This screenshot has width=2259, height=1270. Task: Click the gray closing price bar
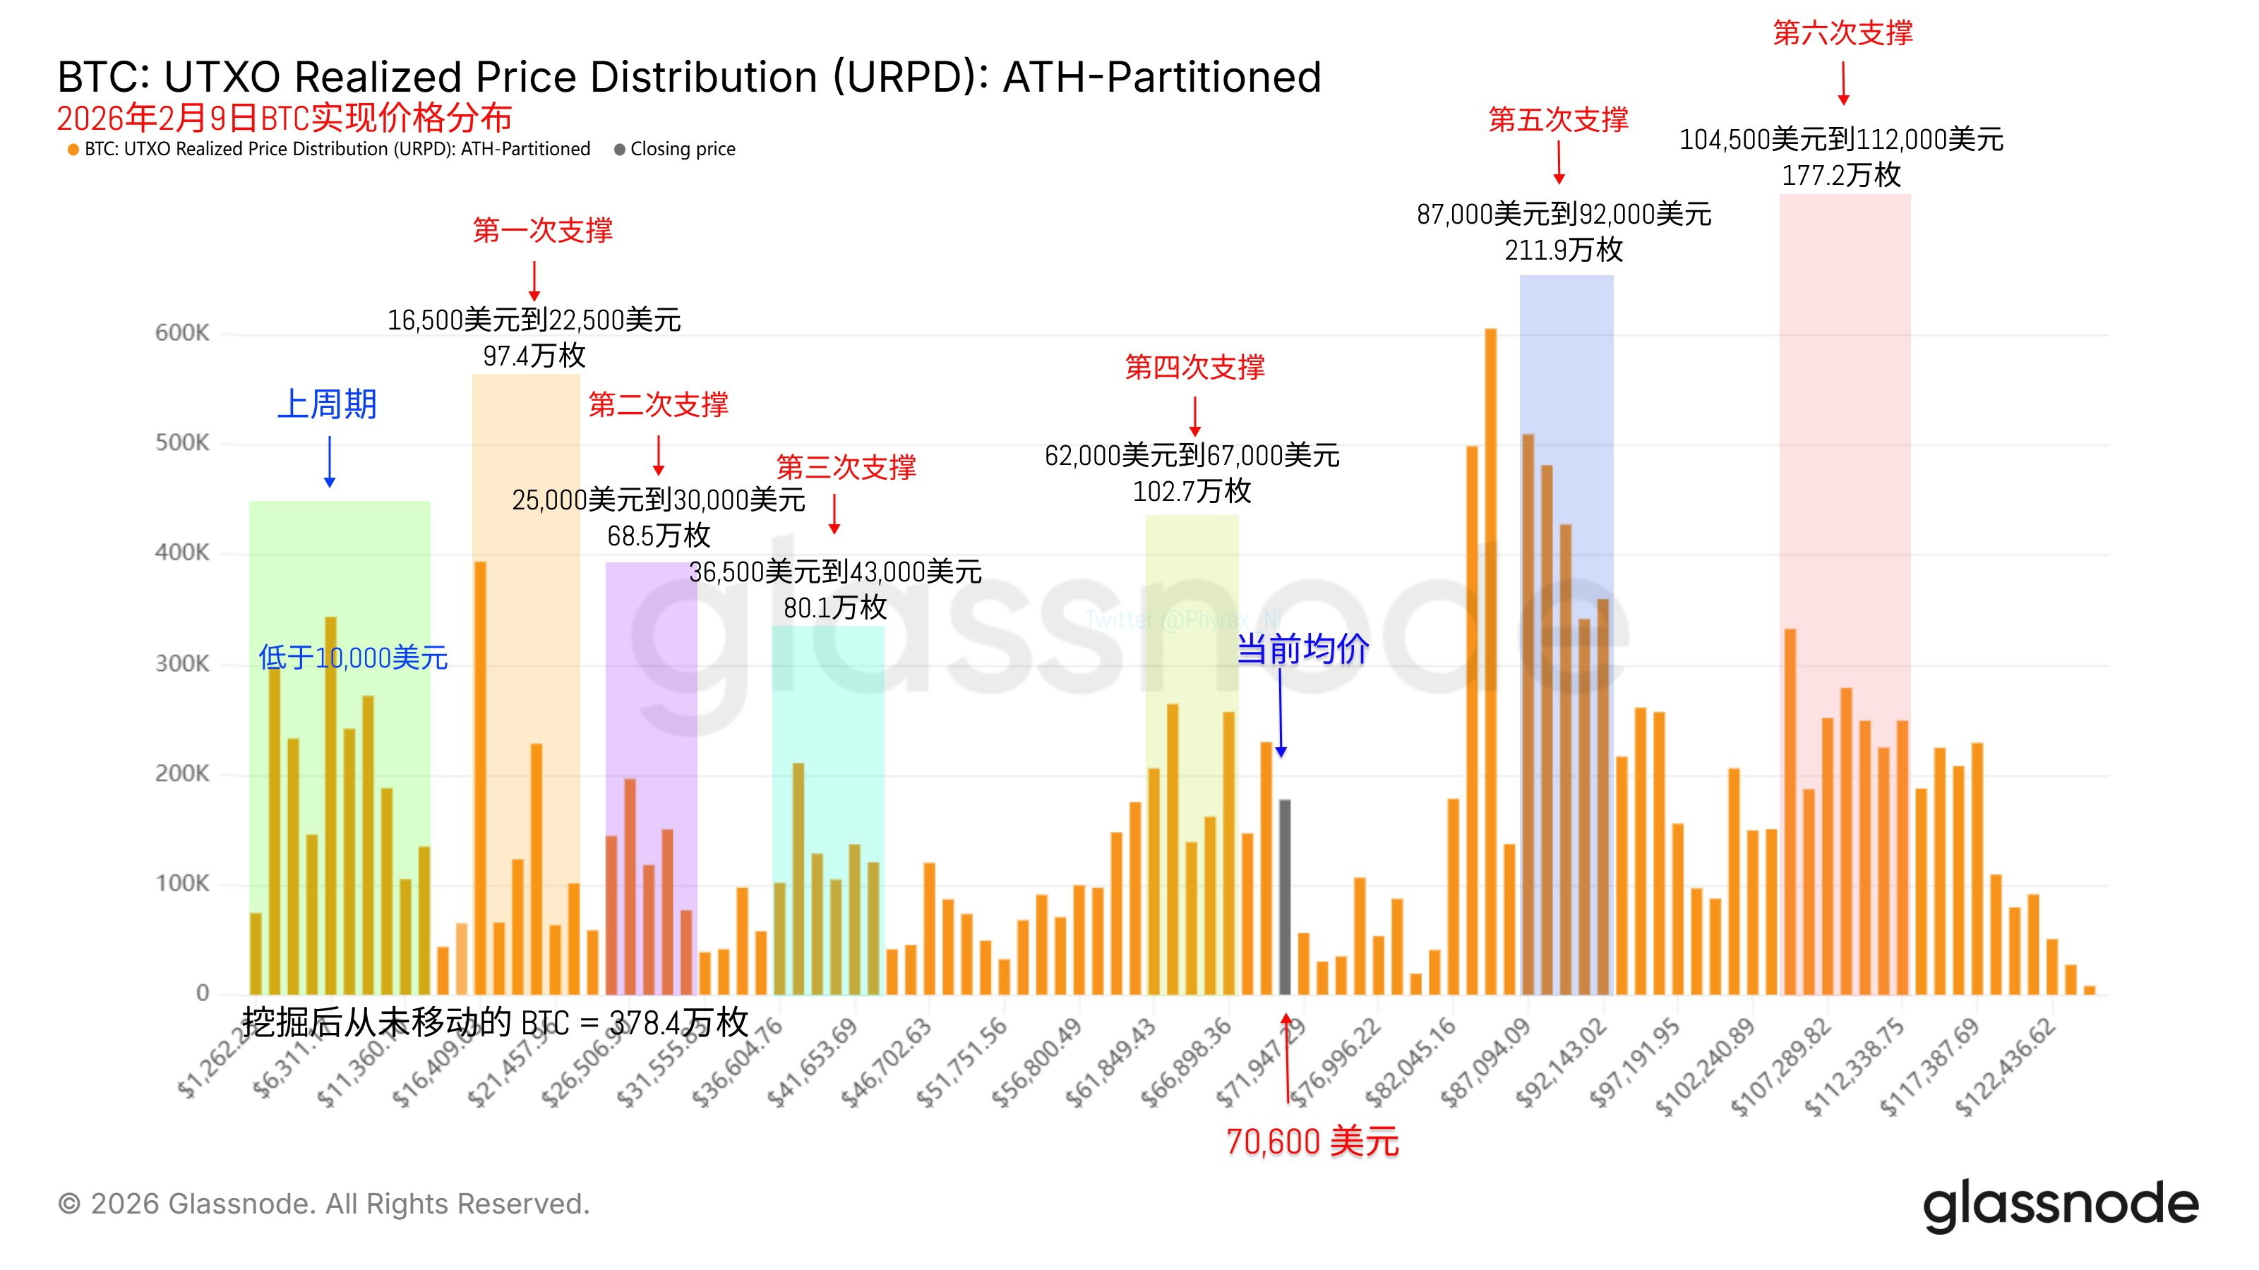coord(1285,896)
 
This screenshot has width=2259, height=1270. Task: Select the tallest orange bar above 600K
coord(1491,662)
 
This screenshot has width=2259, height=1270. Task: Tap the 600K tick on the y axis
coord(182,333)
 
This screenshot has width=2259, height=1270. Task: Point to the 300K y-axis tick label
coord(182,663)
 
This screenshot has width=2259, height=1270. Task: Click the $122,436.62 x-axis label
coord(2006,1068)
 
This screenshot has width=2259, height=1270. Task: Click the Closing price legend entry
coord(682,149)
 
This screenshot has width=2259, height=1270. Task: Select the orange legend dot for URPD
coord(73,150)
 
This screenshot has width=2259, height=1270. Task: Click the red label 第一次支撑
coord(542,231)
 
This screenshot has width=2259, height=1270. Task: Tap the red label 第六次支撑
coord(1842,33)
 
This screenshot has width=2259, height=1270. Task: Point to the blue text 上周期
coord(327,405)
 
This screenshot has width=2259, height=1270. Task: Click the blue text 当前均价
coord(1302,649)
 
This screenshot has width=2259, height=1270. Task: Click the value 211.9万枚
coord(1564,250)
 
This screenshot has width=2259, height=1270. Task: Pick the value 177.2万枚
coord(1840,175)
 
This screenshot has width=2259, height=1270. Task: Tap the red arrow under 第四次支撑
coord(1194,416)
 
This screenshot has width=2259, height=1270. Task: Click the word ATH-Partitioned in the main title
coord(1162,77)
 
